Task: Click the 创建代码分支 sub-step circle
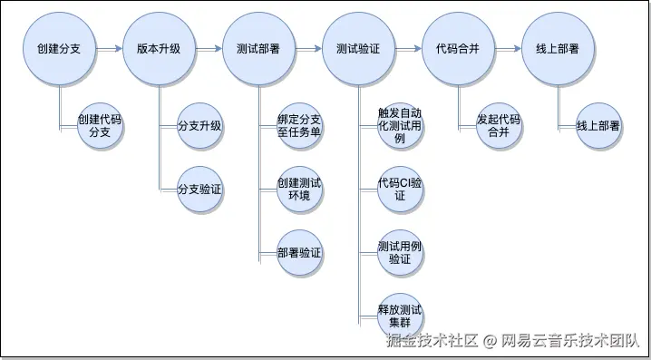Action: pos(100,126)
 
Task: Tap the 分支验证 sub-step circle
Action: pos(199,190)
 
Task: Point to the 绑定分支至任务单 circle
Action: pos(299,126)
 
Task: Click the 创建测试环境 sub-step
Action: pos(299,190)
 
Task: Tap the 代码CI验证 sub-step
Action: pos(399,190)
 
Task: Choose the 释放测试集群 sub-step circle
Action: pos(399,316)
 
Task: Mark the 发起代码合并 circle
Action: pos(499,126)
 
